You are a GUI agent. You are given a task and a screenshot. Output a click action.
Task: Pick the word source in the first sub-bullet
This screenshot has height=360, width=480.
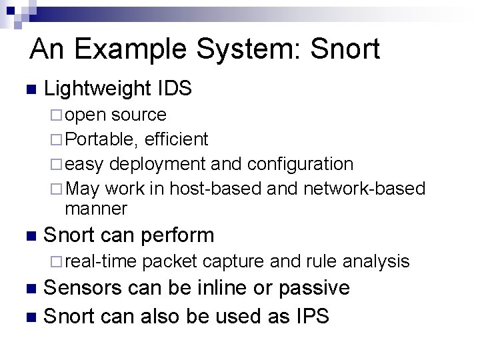point(139,115)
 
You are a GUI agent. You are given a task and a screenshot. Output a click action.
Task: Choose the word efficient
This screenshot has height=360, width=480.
point(176,139)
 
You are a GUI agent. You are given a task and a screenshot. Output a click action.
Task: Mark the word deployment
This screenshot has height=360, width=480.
point(157,164)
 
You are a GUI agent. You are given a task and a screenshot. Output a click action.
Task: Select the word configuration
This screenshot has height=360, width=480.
point(300,164)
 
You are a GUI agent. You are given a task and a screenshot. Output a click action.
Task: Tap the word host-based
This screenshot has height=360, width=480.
point(215,189)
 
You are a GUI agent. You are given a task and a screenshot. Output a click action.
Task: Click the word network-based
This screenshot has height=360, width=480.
point(364,189)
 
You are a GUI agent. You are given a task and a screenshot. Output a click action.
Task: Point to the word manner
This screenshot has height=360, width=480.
point(96,209)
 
